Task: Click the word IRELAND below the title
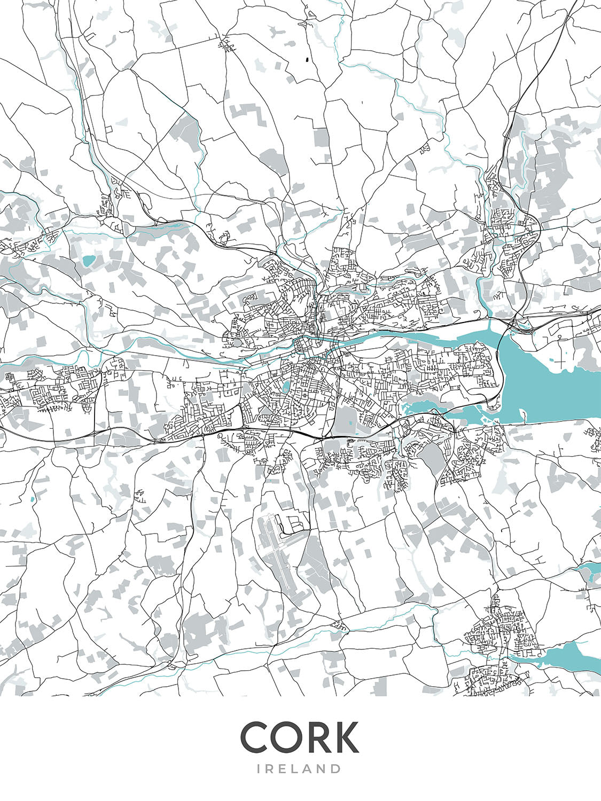300,769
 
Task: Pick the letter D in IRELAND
335,769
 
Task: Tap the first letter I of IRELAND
260,769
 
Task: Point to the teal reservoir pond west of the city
87,261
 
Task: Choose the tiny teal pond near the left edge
33,499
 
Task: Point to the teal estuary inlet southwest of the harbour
427,409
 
